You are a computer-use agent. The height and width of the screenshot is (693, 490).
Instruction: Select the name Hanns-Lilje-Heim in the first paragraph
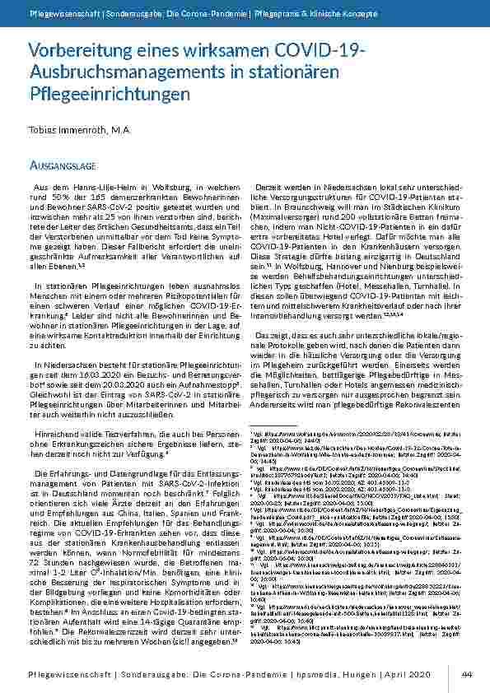pyautogui.click(x=86, y=188)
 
